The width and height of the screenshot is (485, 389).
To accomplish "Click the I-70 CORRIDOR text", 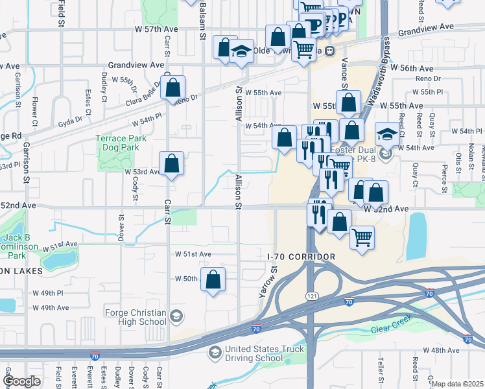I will (301, 257).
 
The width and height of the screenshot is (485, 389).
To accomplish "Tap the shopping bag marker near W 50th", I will (213, 280).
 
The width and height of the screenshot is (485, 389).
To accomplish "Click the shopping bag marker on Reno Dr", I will (173, 89).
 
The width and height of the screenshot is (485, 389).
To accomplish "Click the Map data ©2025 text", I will (457, 384).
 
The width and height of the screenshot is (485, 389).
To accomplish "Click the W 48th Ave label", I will (441, 350).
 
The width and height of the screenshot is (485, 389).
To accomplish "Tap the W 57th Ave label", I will (156, 30).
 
